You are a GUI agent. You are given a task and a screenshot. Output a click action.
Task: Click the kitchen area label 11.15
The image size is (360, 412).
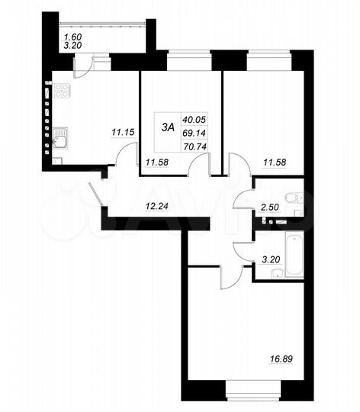click(123, 133)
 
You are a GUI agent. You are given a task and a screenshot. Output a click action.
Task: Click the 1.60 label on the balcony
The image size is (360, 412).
click(72, 36)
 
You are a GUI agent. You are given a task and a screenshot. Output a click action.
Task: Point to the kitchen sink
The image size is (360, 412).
click(59, 138)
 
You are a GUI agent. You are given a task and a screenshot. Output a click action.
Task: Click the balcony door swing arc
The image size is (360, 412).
click(85, 66)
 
